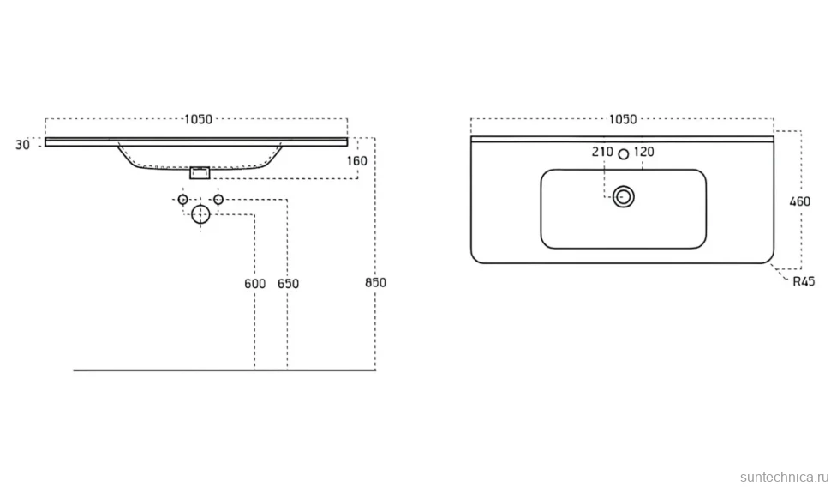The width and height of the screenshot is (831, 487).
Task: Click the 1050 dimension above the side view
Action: tap(198, 119)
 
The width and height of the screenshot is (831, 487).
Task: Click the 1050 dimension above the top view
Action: tap(623, 119)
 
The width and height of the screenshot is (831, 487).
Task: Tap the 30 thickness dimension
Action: tap(22, 145)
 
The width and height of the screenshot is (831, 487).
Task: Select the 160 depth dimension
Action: tap(357, 160)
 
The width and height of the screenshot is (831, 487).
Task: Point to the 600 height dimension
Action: tap(255, 284)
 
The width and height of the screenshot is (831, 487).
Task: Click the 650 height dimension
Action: tap(289, 284)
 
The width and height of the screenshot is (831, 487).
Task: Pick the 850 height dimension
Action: tap(376, 283)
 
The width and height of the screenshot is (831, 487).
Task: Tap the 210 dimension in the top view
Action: tap(602, 153)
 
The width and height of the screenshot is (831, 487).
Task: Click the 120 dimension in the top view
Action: tap(644, 153)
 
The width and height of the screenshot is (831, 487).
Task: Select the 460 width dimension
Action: tap(800, 201)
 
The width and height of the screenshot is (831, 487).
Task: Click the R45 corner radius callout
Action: tap(804, 282)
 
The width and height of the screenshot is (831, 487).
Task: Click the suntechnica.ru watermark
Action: tap(783, 477)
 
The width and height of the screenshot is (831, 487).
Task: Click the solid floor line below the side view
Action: tap(224, 370)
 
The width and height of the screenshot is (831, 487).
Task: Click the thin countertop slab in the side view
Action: tap(196, 141)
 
